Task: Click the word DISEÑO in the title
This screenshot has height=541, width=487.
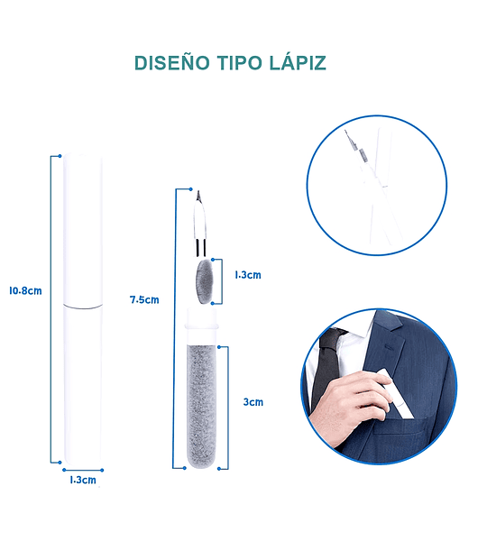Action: click(172, 63)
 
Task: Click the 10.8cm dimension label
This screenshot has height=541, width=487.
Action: click(25, 291)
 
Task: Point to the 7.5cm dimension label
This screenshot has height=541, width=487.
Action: click(144, 300)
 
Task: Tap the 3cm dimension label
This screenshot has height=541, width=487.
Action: click(253, 402)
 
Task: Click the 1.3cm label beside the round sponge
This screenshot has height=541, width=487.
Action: click(248, 275)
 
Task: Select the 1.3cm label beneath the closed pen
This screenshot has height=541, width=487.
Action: click(83, 480)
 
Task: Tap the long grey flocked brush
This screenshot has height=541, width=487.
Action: click(202, 407)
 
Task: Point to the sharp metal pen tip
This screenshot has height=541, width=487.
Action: click(198, 196)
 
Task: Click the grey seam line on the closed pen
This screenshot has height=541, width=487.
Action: click(83, 306)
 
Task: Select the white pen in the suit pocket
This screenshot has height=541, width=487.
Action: click(396, 394)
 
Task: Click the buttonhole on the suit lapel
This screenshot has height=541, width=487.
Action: click(390, 345)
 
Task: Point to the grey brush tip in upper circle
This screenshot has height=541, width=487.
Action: click(362, 154)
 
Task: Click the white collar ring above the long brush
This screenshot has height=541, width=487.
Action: click(202, 326)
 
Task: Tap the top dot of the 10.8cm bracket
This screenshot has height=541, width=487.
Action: click(60, 156)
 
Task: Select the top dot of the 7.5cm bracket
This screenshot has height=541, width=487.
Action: click(190, 189)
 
